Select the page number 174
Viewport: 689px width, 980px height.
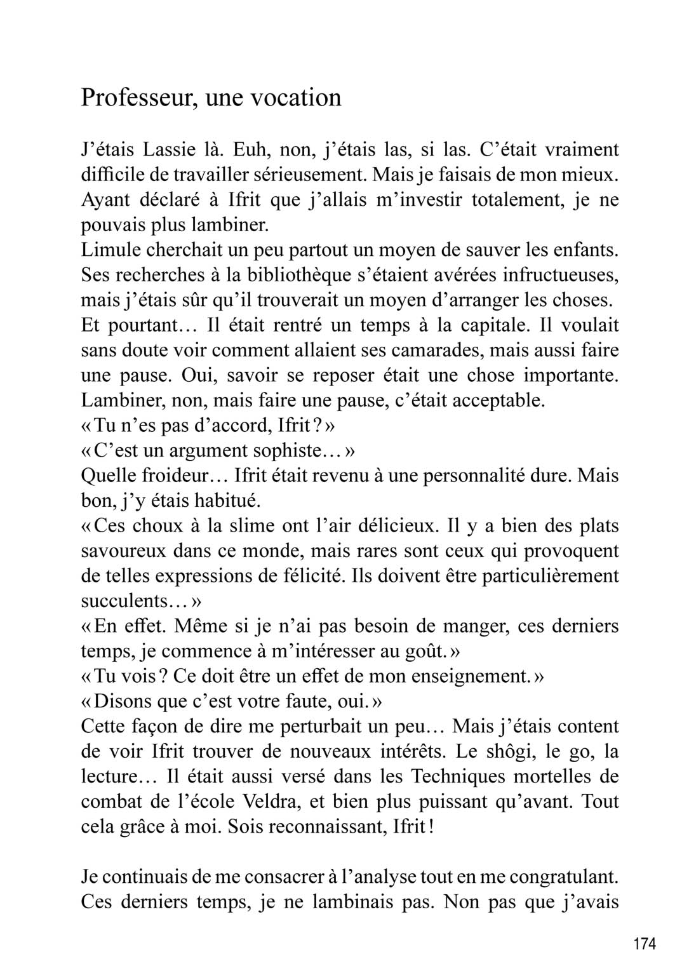tap(644, 943)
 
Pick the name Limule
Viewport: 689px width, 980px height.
tap(109, 250)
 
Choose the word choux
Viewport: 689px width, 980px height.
tap(159, 525)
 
